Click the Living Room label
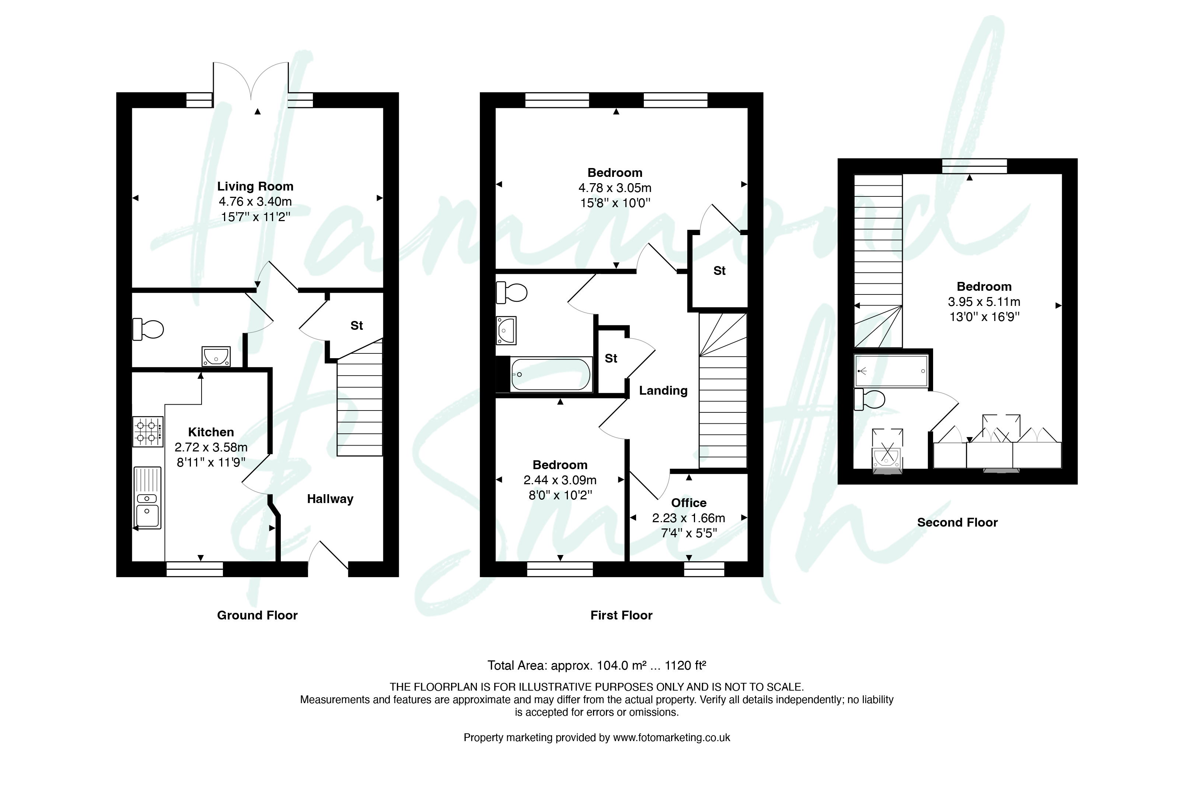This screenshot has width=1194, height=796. pos(255,186)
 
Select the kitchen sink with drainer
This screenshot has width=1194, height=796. pos(147,498)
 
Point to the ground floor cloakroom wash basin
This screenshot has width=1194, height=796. pos(216,356)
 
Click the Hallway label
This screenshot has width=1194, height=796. pos(330,499)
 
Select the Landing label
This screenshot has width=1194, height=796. pos(663,390)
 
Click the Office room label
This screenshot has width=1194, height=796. pos(688,503)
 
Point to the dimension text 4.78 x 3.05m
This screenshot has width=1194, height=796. pos(615,188)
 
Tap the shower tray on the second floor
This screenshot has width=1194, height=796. pos(891,371)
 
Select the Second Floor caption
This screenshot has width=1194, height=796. pos(957,523)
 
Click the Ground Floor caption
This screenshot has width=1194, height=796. pos(257,615)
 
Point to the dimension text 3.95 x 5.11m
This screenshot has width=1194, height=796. pos(984,301)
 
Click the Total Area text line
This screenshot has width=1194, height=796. pos(597,665)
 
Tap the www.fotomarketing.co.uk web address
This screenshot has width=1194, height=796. pos(671,738)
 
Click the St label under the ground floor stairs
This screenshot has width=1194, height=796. pos(356,325)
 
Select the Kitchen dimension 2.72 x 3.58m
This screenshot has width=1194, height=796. pos(211,447)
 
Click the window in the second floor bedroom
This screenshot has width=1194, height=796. pos(974,166)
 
